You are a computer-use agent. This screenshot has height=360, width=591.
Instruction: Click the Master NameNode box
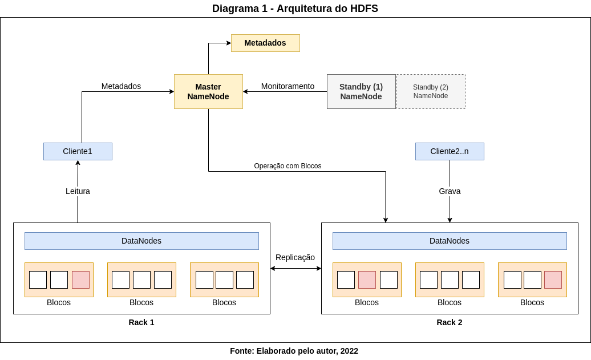[x=208, y=91]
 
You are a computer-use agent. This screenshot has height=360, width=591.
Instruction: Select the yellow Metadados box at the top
[x=265, y=43]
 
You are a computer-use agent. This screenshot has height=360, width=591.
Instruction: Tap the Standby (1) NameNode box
[x=361, y=91]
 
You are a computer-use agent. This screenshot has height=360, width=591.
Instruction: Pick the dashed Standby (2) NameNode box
[x=431, y=91]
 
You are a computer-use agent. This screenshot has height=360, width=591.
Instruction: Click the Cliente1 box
[x=78, y=151]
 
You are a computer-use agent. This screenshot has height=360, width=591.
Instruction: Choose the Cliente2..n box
[x=450, y=151]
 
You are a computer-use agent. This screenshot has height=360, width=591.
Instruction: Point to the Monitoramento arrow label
[x=288, y=86]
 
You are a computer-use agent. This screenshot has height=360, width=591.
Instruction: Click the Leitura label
[x=78, y=191]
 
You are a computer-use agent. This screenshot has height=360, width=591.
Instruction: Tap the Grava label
[x=450, y=191]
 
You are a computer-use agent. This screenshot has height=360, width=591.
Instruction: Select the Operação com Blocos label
[x=288, y=166]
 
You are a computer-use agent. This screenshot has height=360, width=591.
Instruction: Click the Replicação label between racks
[x=295, y=257]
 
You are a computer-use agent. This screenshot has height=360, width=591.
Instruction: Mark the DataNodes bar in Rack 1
[x=141, y=241]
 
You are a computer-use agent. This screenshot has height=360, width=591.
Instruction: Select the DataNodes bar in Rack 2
[x=450, y=241]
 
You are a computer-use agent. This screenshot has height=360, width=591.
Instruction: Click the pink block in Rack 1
[x=80, y=280]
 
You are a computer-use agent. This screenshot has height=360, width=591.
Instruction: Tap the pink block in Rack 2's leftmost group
[x=367, y=280]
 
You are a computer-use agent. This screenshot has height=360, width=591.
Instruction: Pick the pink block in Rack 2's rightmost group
[x=553, y=280]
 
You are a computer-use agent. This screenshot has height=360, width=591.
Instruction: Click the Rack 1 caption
[x=141, y=322]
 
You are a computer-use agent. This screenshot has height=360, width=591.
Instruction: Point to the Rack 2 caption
[x=450, y=322]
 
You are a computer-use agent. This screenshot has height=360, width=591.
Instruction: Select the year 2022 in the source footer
[x=349, y=351]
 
